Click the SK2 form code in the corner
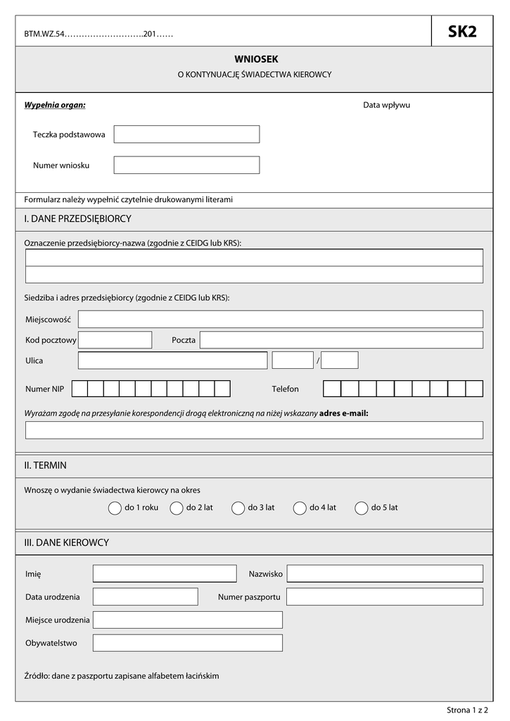coord(461,32)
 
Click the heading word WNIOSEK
coord(251,60)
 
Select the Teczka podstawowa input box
coord(186,134)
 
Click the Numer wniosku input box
coord(186,165)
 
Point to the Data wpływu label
coord(386,105)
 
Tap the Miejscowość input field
coord(280,319)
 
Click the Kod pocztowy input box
coord(115,340)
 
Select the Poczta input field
coord(341,340)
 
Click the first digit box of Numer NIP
coord(79,389)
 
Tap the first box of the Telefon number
coord(332,389)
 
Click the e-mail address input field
coord(254,430)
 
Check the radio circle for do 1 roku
coord(115,508)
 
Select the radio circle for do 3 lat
coord(237,508)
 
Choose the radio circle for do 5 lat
coord(362,508)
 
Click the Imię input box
coord(165,574)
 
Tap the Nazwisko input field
coord(385,574)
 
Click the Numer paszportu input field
coord(385,597)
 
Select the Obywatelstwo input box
coord(187,643)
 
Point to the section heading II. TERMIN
coord(46,465)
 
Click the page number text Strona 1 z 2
coord(467,710)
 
